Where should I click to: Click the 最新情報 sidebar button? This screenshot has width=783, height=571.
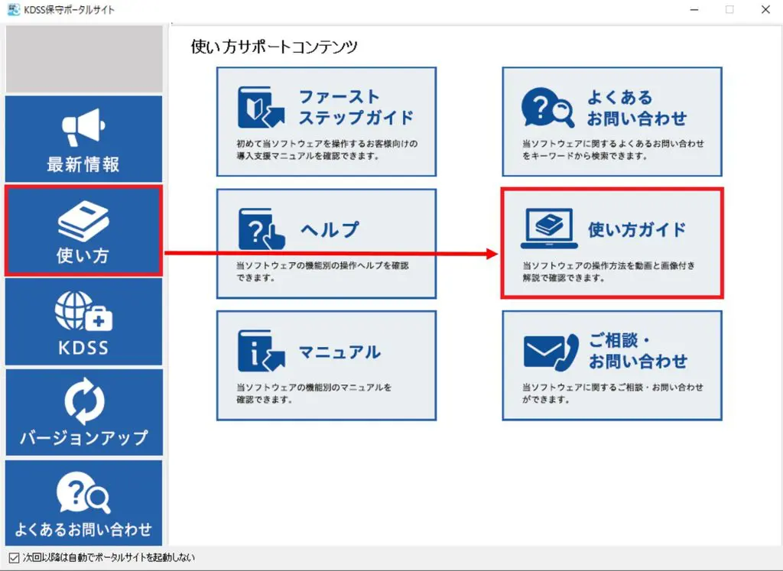tap(83, 139)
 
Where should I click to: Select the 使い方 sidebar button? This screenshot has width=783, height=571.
tap(83, 230)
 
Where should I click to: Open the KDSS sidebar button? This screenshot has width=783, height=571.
tap(83, 322)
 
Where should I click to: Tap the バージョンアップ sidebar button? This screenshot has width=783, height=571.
tap(83, 413)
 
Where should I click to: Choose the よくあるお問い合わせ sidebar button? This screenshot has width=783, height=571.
tap(83, 502)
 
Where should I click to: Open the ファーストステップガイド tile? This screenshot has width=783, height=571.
tap(327, 122)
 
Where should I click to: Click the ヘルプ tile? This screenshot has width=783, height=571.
tap(327, 243)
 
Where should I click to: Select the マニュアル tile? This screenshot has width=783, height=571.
tap(327, 365)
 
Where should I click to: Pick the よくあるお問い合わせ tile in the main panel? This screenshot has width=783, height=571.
tap(612, 122)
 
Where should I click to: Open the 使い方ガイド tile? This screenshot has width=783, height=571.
tap(612, 243)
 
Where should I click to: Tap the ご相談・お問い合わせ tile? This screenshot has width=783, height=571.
tap(612, 365)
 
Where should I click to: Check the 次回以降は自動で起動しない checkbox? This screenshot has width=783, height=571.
tap(13, 557)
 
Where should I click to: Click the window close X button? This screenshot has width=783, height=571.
tap(765, 10)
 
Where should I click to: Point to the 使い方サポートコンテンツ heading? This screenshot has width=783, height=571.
tap(274, 47)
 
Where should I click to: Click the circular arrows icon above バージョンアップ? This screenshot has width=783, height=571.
tap(83, 401)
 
